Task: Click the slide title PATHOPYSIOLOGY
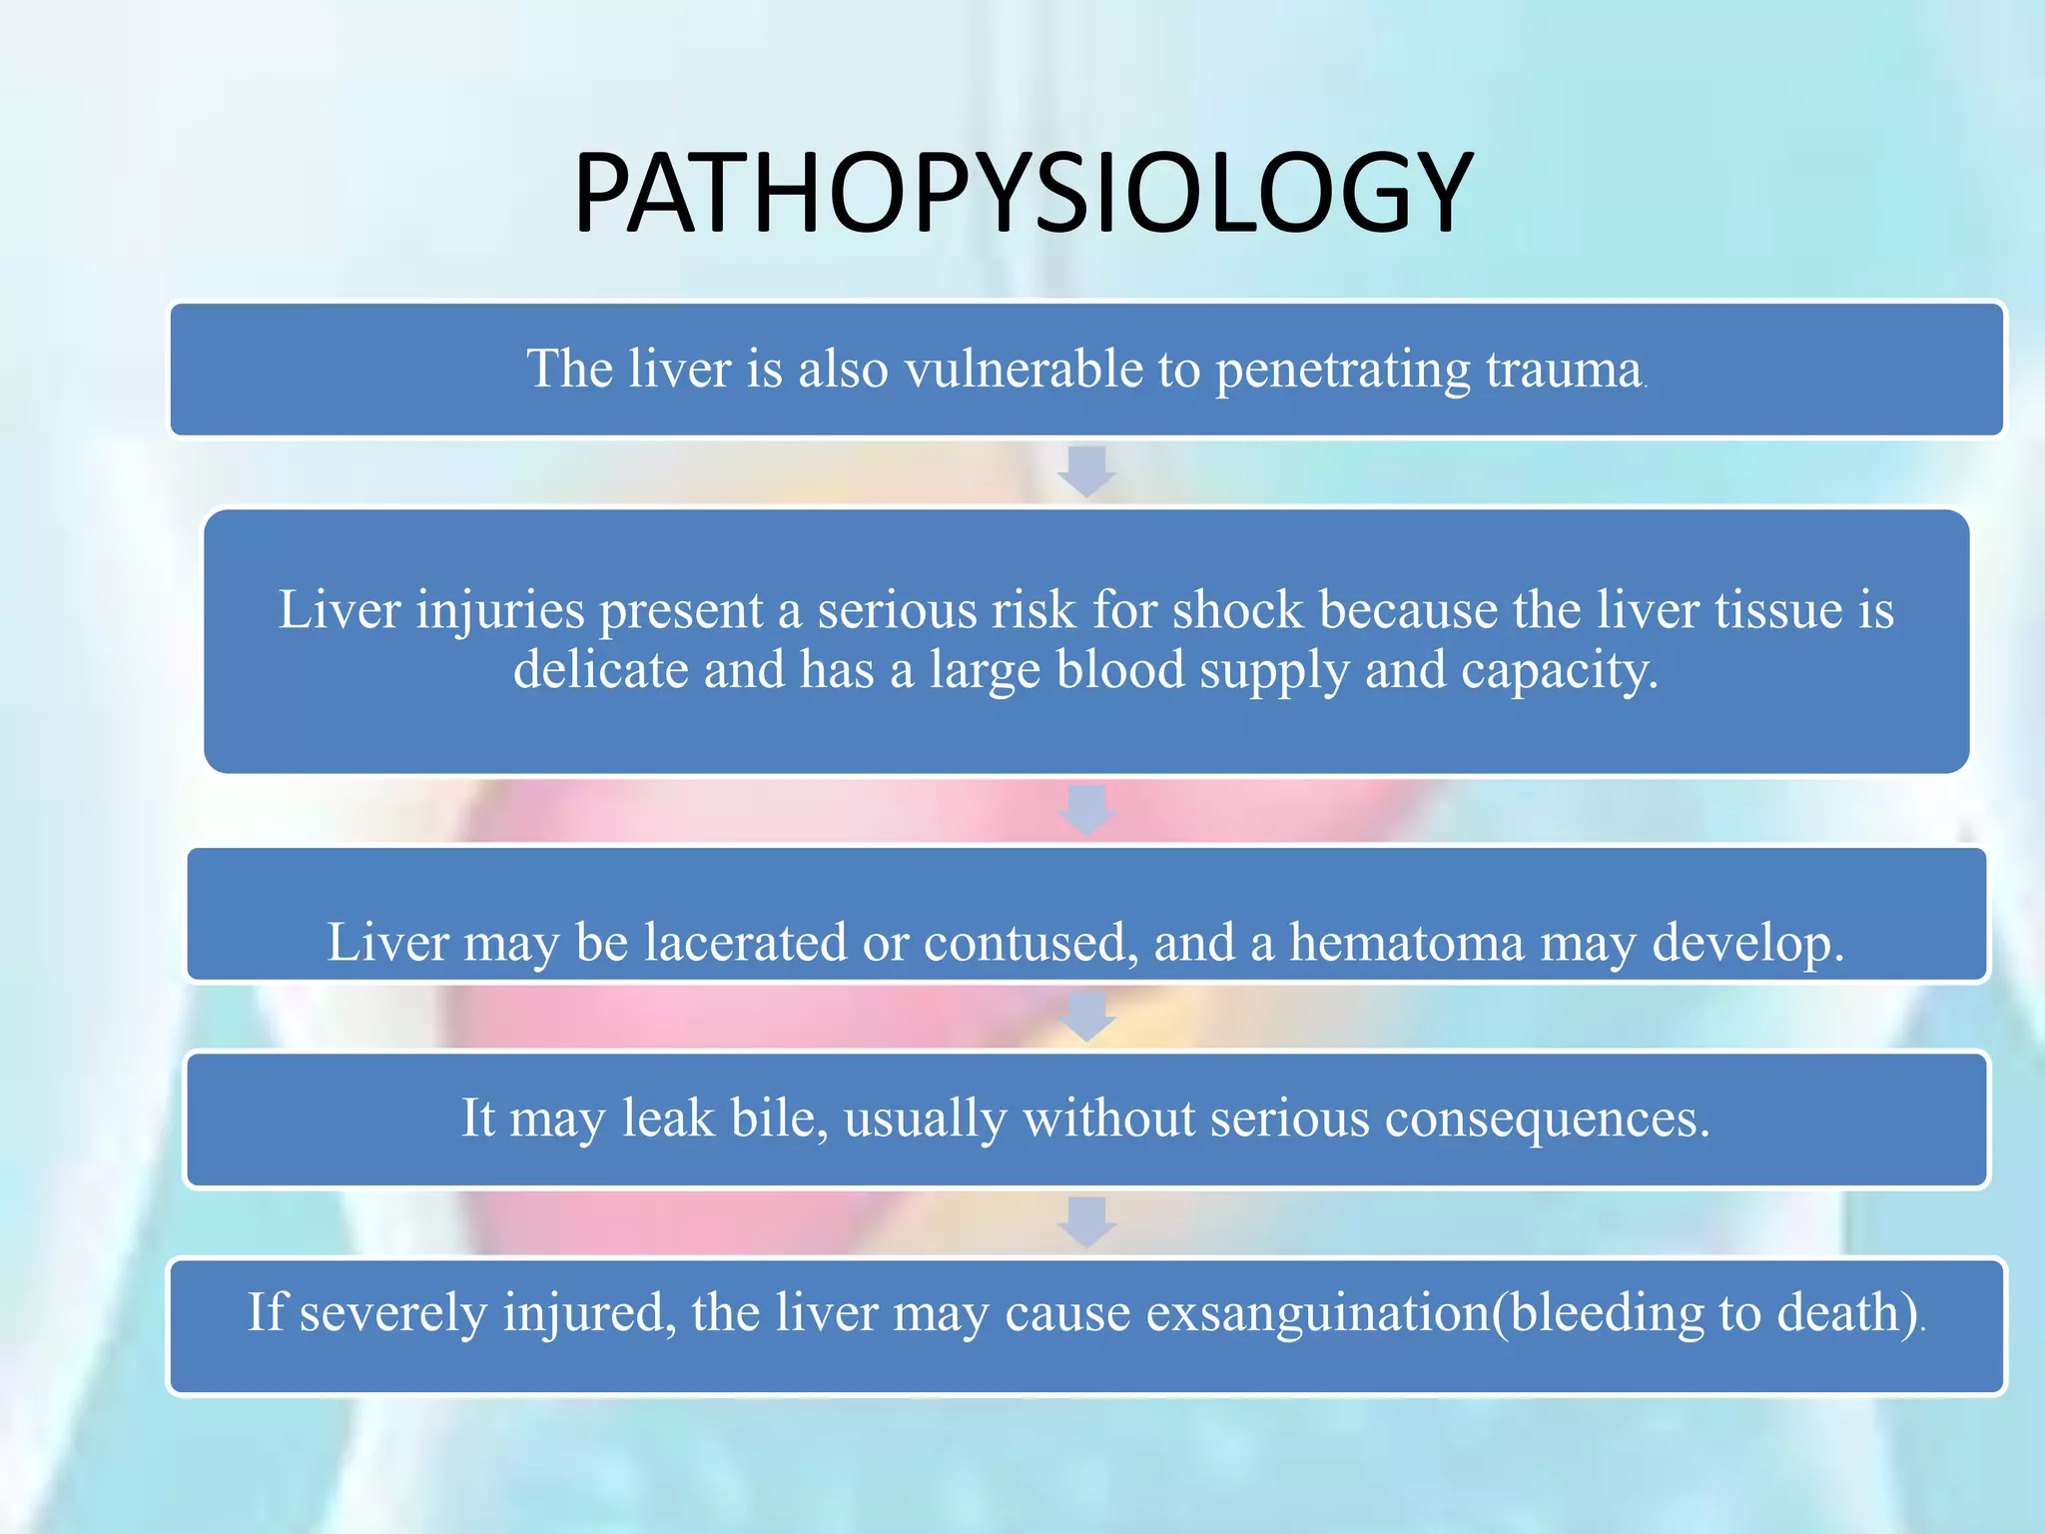coord(1022,193)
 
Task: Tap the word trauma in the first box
coord(1563,370)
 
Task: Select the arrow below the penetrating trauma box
coord(1086,471)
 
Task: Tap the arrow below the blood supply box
coord(1086,810)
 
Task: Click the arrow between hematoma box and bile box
coord(1086,1016)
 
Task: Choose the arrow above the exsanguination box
coord(1086,1222)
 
